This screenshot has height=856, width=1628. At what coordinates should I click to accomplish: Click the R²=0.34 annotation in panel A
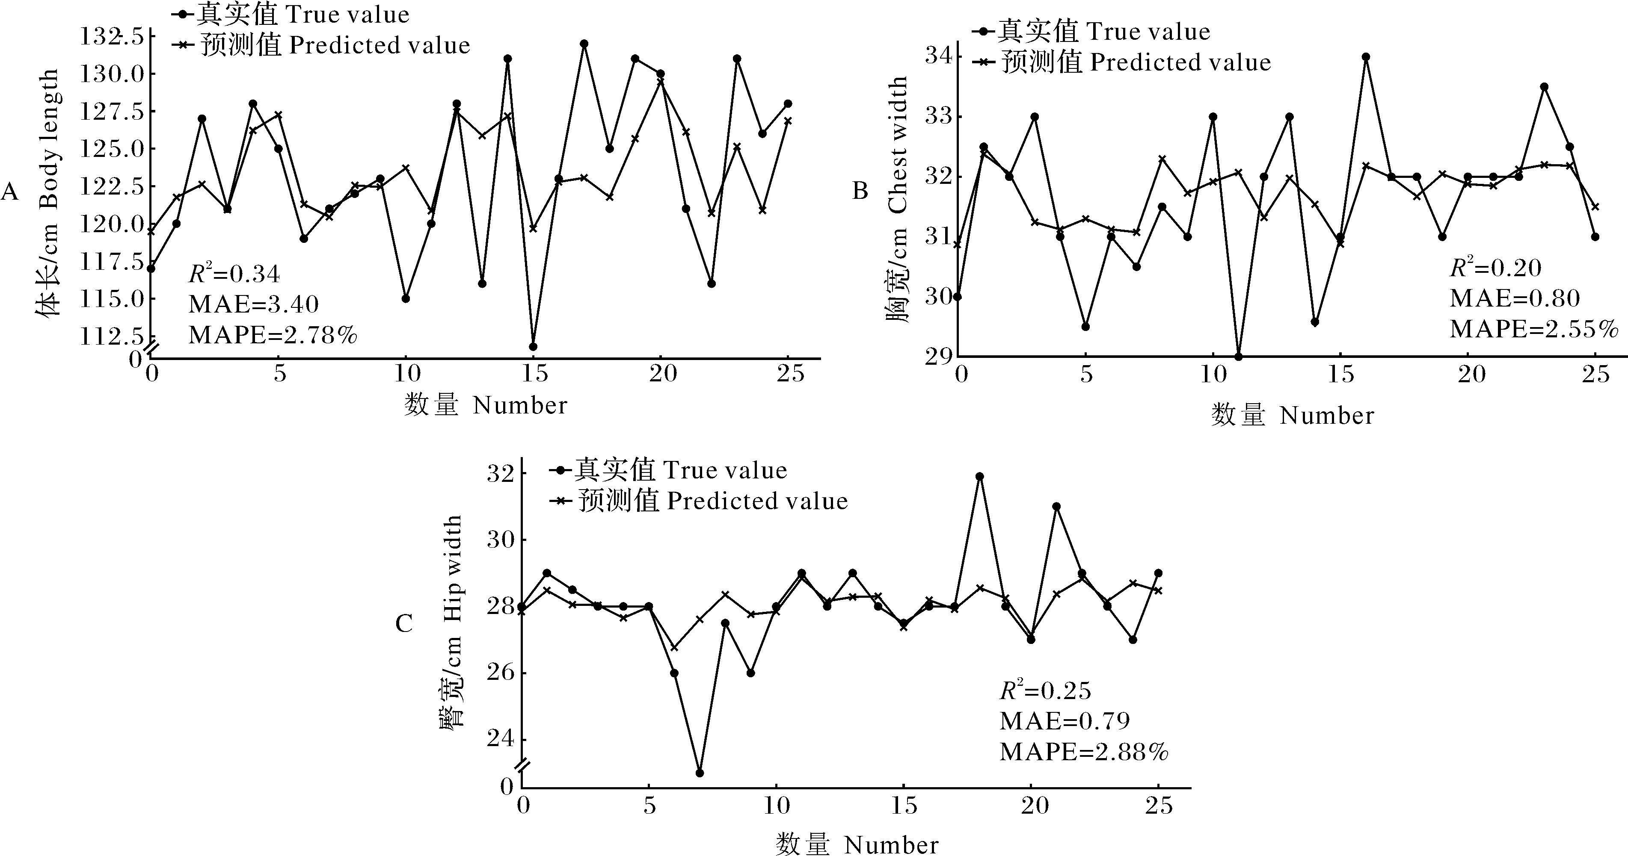234,274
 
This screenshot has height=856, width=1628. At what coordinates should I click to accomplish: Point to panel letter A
9,191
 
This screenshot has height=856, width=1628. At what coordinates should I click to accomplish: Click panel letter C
404,624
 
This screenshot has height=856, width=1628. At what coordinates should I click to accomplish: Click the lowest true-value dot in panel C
700,773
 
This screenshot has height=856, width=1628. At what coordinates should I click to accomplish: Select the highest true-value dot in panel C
979,476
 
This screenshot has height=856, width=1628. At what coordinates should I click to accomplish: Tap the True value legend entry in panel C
670,471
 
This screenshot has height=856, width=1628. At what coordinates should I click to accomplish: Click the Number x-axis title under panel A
485,405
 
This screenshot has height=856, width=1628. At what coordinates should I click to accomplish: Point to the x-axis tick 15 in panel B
1340,375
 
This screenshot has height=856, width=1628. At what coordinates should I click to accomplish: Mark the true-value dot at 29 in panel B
1239,356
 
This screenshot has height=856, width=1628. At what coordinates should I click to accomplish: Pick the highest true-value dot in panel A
584,44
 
